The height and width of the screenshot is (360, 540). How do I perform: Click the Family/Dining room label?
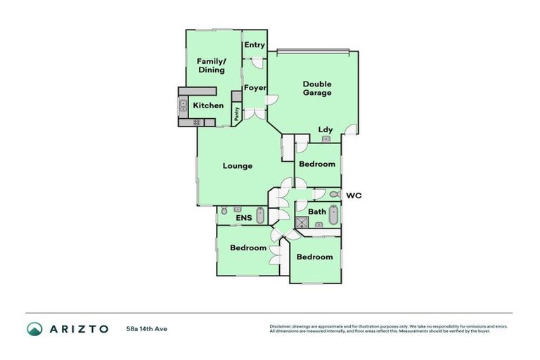tap(210, 65)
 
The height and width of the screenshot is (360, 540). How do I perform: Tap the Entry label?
tap(255, 45)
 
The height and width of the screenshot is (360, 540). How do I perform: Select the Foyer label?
tap(255, 88)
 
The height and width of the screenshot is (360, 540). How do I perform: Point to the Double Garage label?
tap(317, 88)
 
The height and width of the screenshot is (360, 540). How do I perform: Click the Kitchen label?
tap(208, 106)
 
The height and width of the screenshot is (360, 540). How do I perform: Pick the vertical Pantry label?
tap(237, 115)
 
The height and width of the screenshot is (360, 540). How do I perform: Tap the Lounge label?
tap(237, 166)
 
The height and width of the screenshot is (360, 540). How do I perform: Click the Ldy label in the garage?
tap(326, 129)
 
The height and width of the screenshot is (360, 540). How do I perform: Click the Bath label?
tap(316, 212)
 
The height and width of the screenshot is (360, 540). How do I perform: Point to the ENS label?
tap(243, 218)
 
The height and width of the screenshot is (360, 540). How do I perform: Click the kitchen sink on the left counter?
tap(183, 106)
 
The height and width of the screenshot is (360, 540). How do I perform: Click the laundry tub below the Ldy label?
tap(326, 139)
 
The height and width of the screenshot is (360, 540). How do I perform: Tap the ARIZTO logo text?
tap(78, 329)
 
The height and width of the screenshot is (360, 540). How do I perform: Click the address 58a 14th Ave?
tap(146, 329)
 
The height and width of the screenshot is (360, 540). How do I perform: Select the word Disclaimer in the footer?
tap(281, 326)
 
